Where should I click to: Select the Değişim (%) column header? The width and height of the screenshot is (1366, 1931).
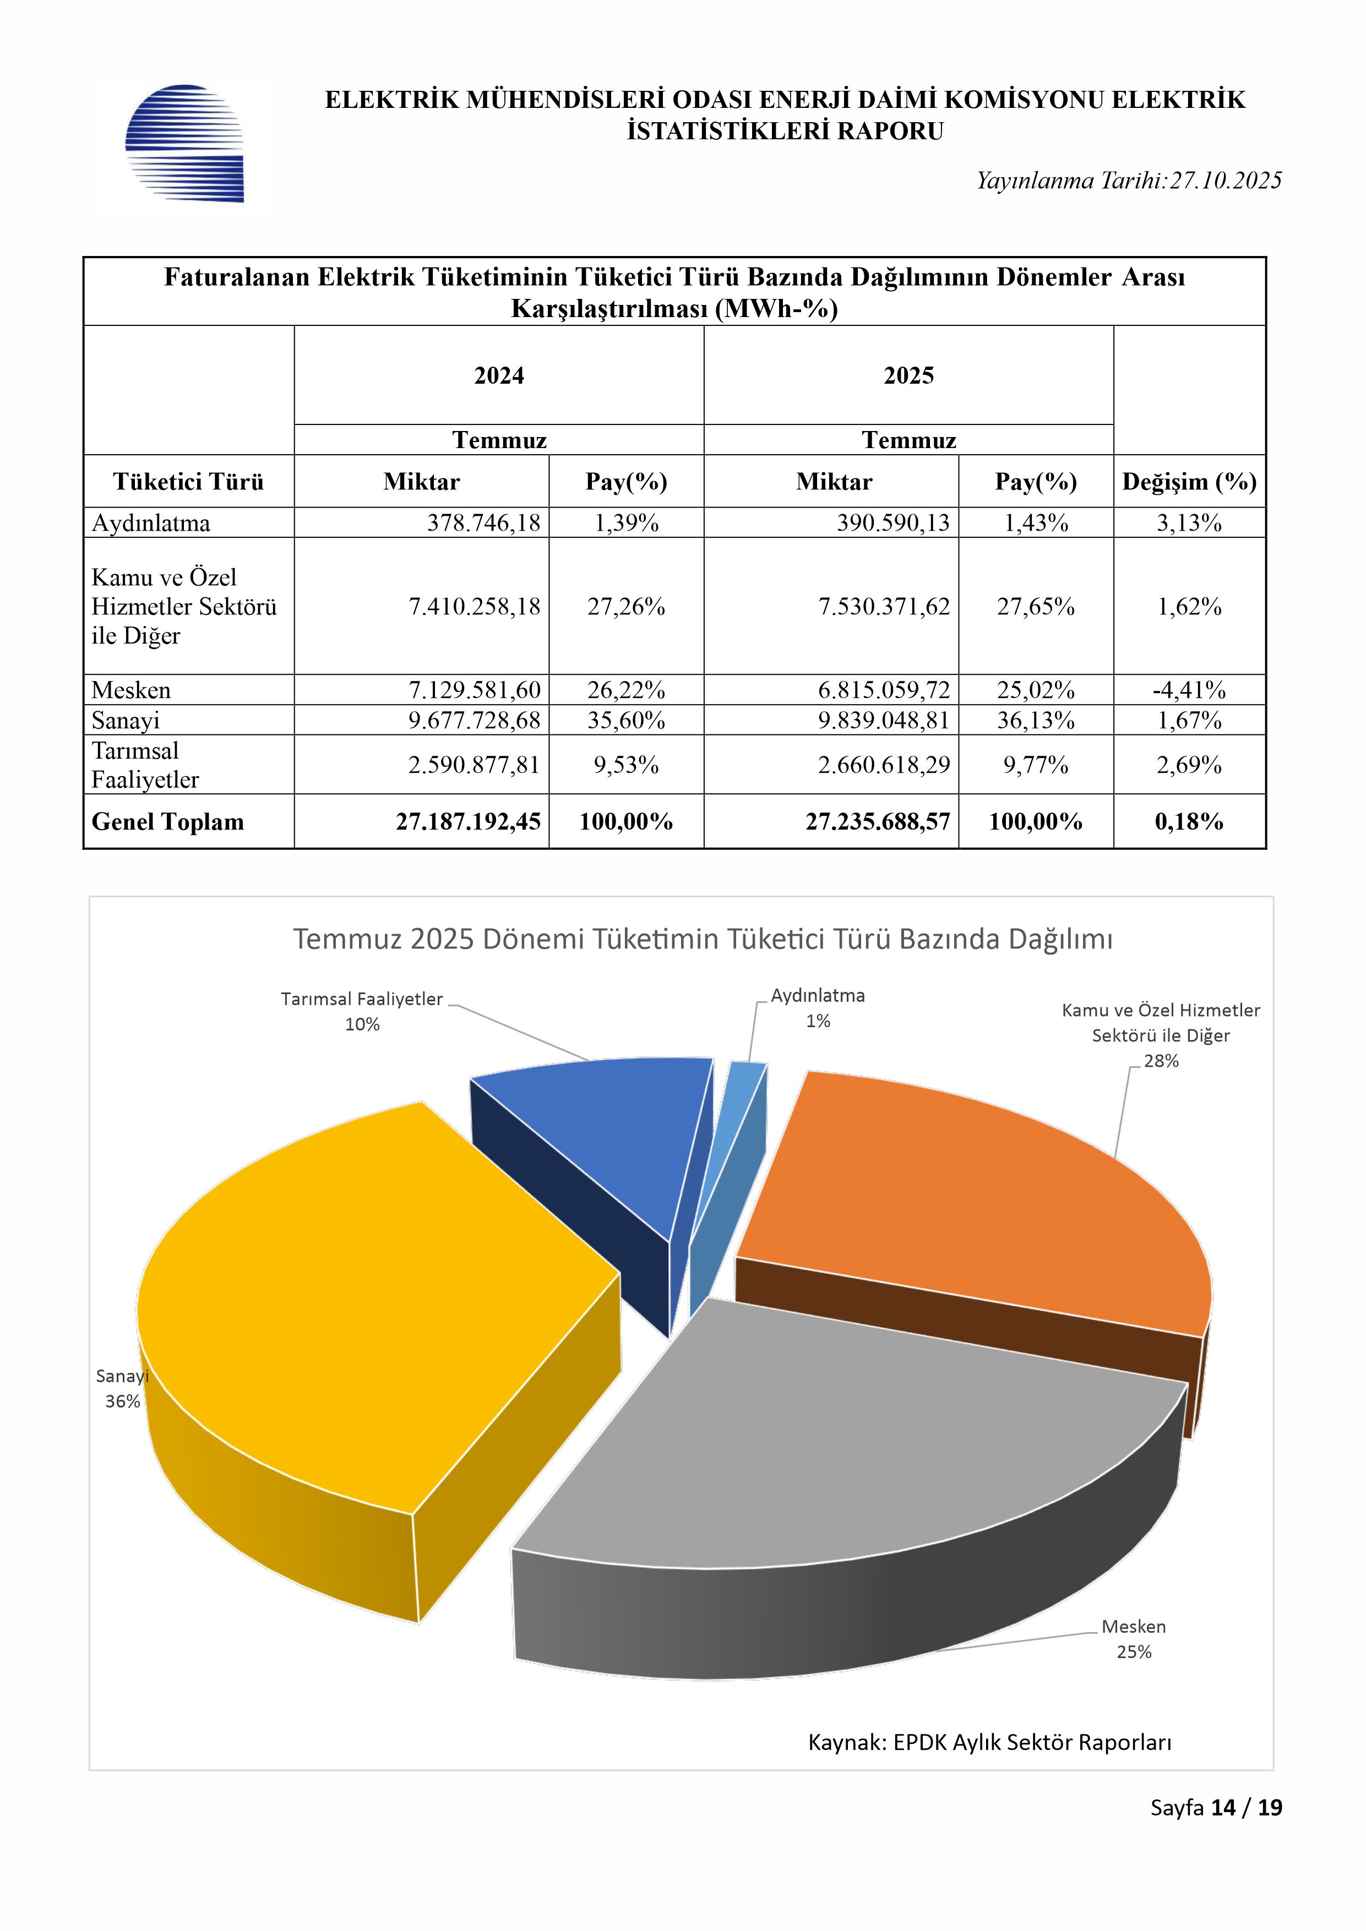1189,482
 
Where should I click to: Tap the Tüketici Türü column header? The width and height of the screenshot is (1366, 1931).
188,482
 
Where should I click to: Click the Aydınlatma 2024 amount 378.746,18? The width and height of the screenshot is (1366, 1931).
483,523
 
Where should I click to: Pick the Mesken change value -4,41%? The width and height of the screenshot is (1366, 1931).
1189,690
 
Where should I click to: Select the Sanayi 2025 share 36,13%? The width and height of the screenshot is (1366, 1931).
1036,721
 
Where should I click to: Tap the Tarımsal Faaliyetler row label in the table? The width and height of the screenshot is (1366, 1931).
145,765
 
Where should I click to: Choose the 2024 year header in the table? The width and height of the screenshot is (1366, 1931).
499,376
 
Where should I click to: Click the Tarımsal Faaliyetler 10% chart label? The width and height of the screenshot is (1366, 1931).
362,1011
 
